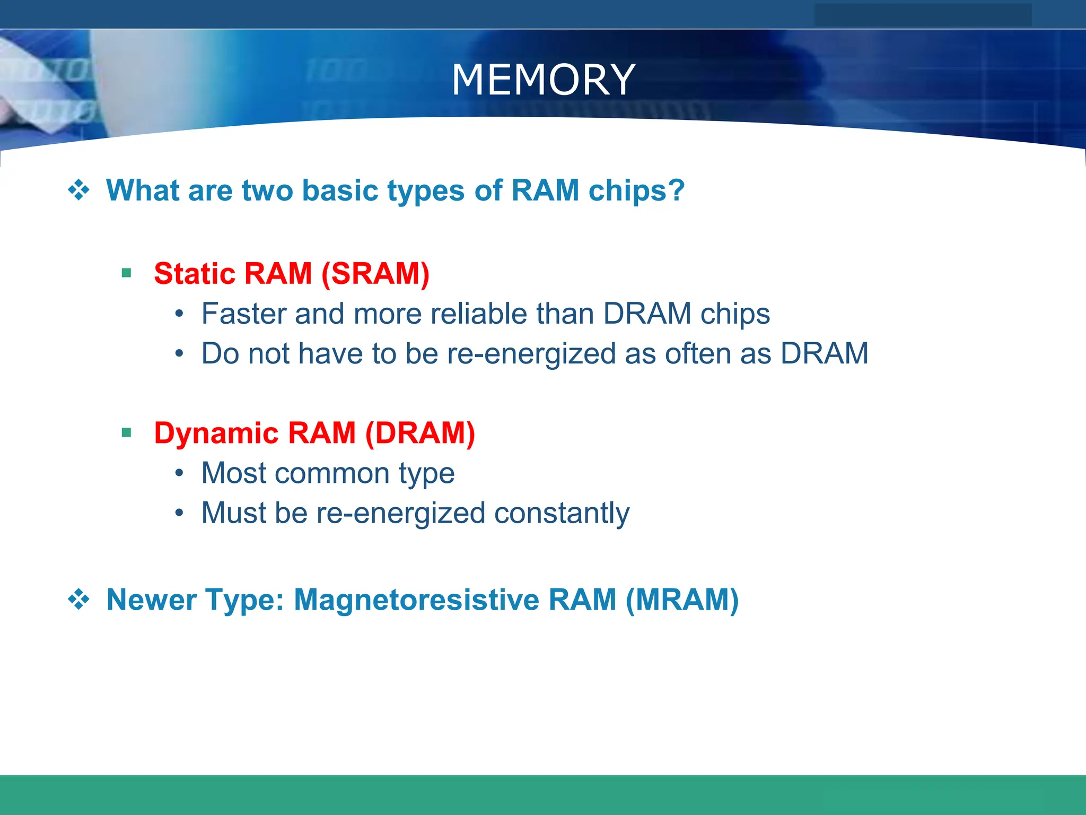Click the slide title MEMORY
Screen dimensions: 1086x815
[x=543, y=80]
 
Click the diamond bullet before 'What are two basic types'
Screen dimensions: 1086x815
[x=78, y=190]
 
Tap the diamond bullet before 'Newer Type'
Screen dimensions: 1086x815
[x=78, y=600]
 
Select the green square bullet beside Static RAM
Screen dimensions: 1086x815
[x=126, y=273]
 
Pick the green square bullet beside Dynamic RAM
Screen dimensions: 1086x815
[x=126, y=432]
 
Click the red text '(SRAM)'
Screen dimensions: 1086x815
[x=375, y=274]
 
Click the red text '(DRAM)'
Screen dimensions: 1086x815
[x=420, y=433]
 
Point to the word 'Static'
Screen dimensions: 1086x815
[x=194, y=274]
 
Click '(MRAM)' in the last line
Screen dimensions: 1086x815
[x=682, y=600]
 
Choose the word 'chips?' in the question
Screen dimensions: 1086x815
[x=636, y=191]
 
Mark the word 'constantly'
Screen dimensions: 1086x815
[x=562, y=514]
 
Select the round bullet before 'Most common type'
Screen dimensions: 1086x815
[x=180, y=473]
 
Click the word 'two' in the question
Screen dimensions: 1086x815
[x=267, y=190]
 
